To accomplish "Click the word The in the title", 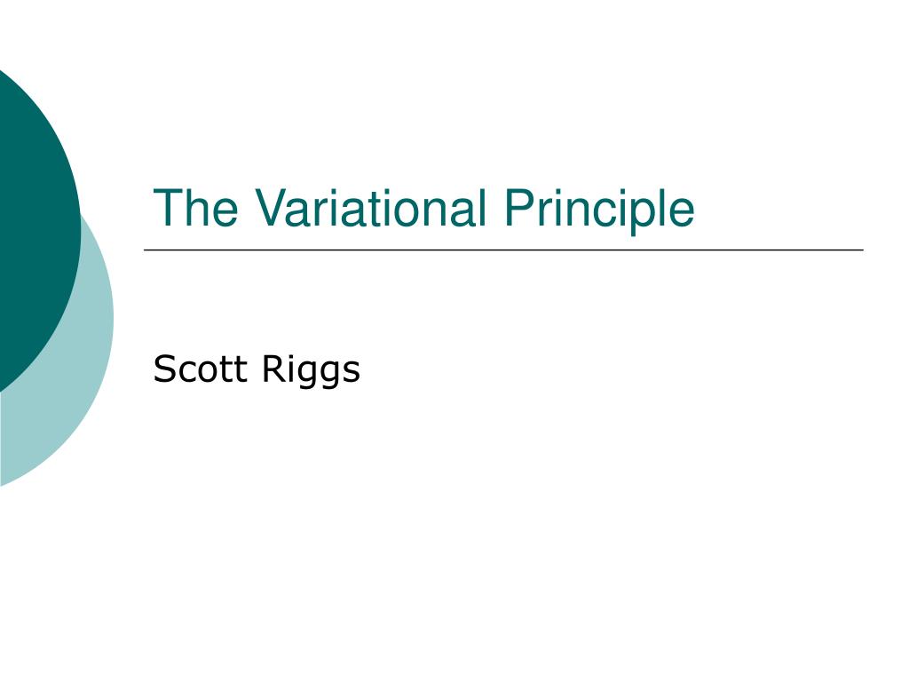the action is click(x=195, y=208).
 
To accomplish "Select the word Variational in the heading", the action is click(x=370, y=208).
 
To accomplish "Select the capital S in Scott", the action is click(x=165, y=369).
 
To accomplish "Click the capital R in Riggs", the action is click(x=274, y=369).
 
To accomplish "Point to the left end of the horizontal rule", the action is click(x=145, y=250).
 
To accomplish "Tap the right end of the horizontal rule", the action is click(x=863, y=250).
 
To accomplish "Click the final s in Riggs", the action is click(x=351, y=372).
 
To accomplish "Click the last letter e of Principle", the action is click(x=683, y=213).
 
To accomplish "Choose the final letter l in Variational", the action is click(x=482, y=208).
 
